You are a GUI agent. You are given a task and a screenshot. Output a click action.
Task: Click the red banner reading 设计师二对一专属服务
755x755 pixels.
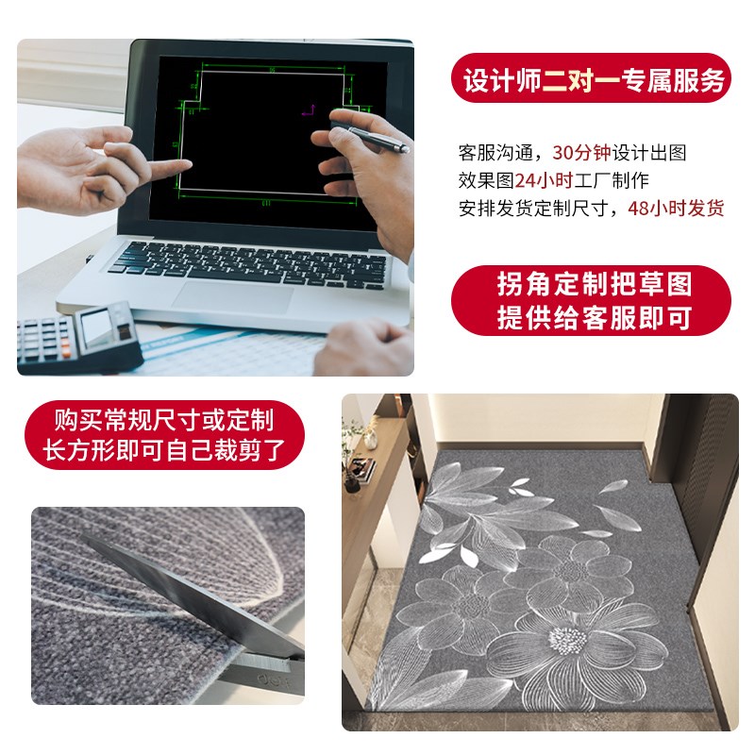[x=592, y=81]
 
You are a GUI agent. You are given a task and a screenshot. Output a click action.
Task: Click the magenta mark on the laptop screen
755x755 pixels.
[x=305, y=110]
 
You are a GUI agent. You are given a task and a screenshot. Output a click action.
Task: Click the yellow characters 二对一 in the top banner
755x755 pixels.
[x=576, y=81]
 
